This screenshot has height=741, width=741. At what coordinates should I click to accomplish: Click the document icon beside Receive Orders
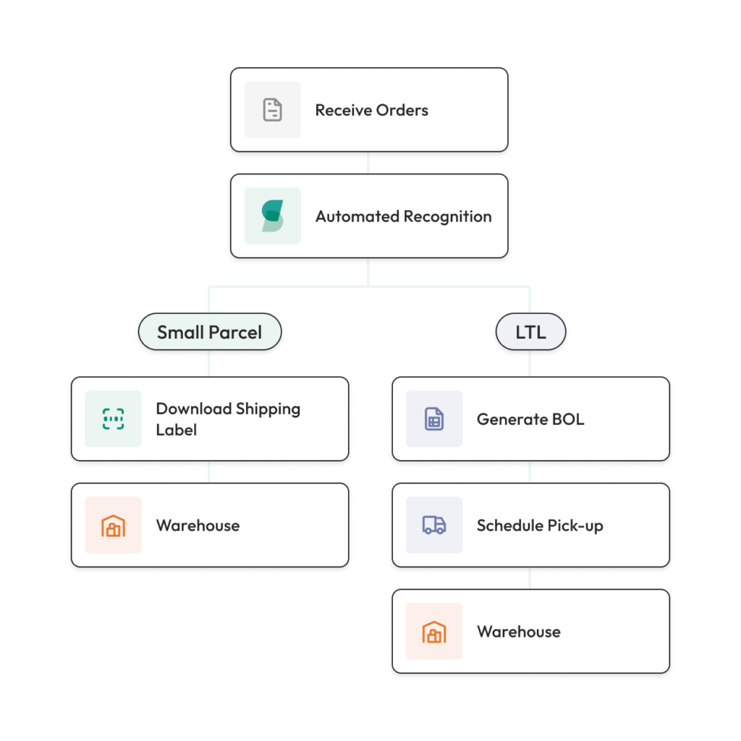click(x=272, y=110)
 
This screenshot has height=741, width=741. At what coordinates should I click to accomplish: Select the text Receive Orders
click(x=371, y=111)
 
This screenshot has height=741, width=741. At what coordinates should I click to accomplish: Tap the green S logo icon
click(x=272, y=216)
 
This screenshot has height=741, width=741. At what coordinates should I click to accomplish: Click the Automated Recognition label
click(x=403, y=216)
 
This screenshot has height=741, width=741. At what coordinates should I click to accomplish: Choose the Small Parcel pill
click(x=209, y=333)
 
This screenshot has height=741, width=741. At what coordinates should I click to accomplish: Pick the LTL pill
click(x=530, y=333)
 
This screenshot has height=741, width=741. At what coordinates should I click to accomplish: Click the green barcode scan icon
click(x=113, y=419)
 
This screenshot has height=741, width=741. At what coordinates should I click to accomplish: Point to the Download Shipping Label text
click(x=228, y=419)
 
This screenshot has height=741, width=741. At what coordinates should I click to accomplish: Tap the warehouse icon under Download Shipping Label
click(x=113, y=525)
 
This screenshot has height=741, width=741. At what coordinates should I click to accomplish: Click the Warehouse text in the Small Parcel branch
click(x=198, y=525)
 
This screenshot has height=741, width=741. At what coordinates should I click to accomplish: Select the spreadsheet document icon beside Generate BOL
click(x=433, y=419)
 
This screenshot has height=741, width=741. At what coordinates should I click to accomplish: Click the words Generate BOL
click(x=530, y=419)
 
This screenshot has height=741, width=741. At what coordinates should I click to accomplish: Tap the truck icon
click(x=433, y=525)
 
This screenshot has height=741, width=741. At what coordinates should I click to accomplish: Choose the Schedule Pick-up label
click(x=539, y=525)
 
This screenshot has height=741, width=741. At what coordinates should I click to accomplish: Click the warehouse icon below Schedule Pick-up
click(x=433, y=632)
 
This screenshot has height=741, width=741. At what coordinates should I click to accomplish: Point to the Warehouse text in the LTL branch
click(x=518, y=632)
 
